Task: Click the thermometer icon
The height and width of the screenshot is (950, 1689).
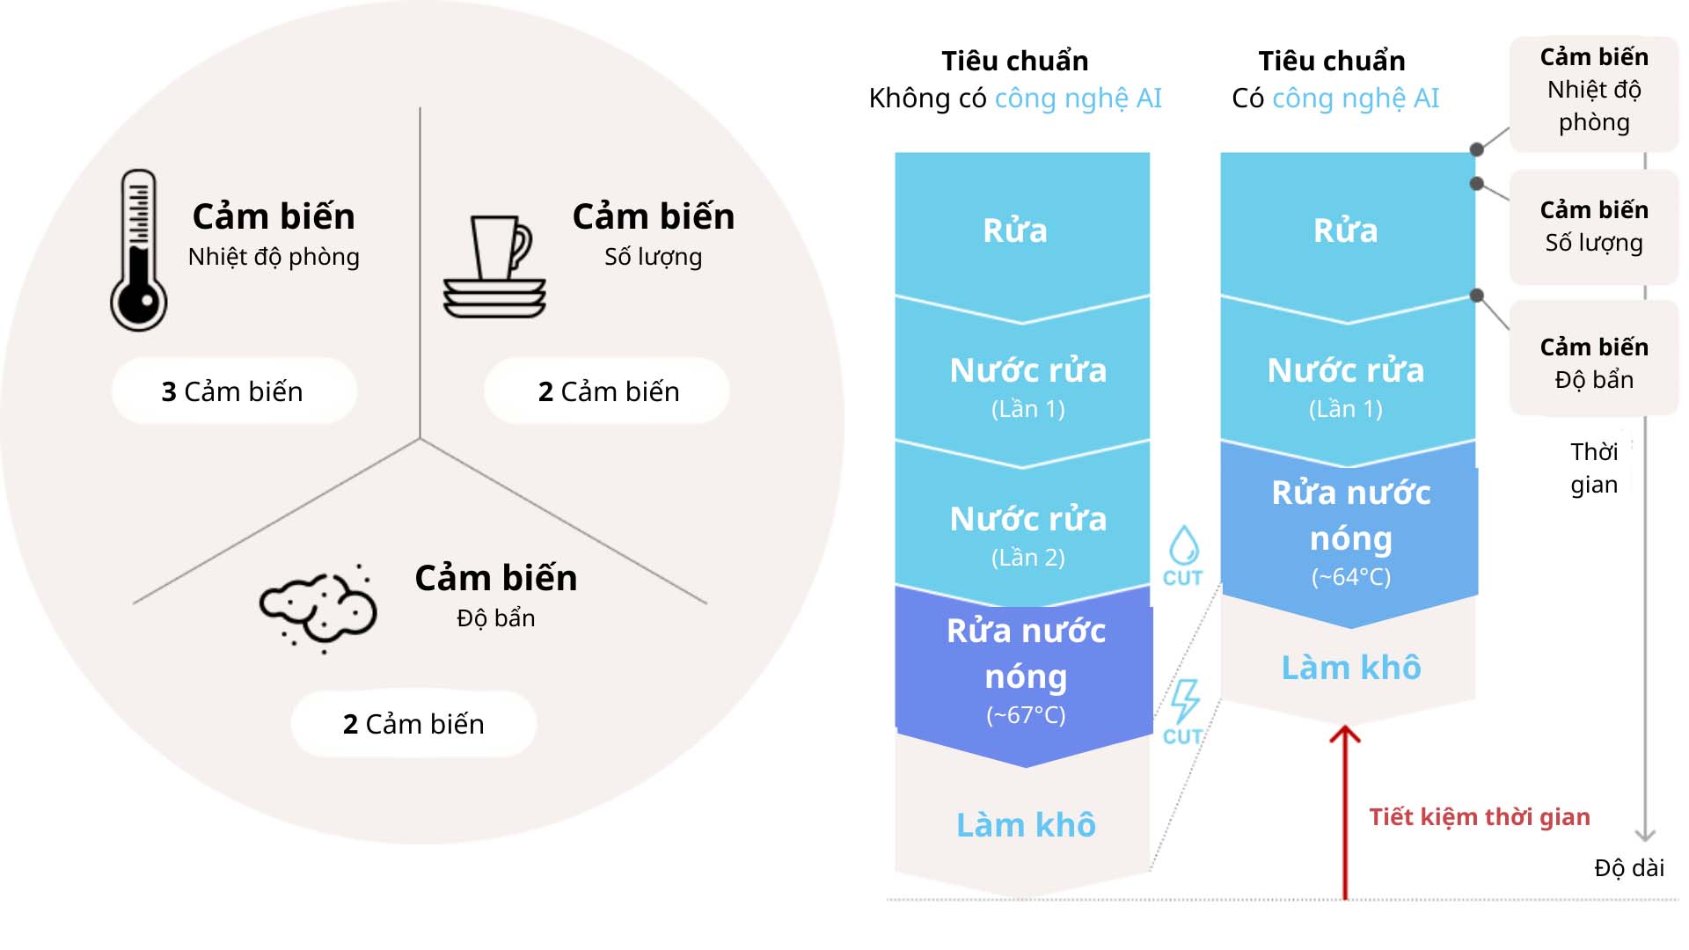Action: pyautogui.click(x=139, y=251)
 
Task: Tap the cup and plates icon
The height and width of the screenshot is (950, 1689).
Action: pyautogui.click(x=495, y=267)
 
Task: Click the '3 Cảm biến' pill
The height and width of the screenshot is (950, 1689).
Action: pyautogui.click(x=233, y=391)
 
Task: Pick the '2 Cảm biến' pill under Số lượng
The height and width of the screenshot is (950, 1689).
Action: pyautogui.click(x=608, y=391)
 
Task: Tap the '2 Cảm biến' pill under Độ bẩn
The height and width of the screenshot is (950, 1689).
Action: pyautogui.click(x=413, y=724)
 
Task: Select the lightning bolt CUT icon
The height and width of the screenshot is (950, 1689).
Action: pyautogui.click(x=1184, y=711)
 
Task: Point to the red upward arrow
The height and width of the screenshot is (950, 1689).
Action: pyautogui.click(x=1345, y=809)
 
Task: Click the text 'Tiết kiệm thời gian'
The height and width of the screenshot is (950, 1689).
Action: pyautogui.click(x=1480, y=817)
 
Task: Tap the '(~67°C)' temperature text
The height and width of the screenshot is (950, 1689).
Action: pyautogui.click(x=1026, y=715)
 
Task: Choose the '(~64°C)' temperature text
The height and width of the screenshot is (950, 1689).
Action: pyautogui.click(x=1351, y=577)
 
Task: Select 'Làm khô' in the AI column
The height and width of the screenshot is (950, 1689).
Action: pyautogui.click(x=1351, y=668)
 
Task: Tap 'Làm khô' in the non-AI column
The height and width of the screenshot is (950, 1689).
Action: pyautogui.click(x=1026, y=825)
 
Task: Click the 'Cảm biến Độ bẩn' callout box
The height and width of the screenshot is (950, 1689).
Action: pyautogui.click(x=1594, y=362)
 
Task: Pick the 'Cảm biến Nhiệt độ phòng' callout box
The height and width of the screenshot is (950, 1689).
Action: pyautogui.click(x=1594, y=90)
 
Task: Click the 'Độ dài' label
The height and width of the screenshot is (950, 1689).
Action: pyautogui.click(x=1629, y=868)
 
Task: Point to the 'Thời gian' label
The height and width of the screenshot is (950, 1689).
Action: pyautogui.click(x=1594, y=468)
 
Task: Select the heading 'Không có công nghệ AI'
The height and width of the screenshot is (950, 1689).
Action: pyautogui.click(x=1015, y=98)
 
